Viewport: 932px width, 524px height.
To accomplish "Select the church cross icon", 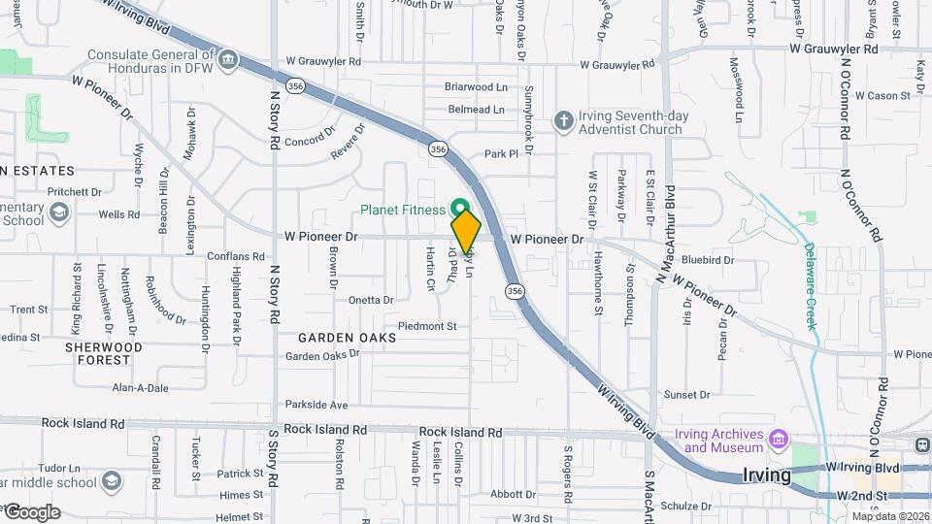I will tap(564, 121).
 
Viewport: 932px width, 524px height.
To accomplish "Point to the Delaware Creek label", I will tap(812, 285).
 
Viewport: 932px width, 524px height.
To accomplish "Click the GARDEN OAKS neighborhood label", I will tap(347, 338).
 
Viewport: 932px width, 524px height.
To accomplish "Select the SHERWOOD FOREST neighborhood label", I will tap(104, 353).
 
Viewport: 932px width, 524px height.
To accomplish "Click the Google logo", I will tap(31, 511).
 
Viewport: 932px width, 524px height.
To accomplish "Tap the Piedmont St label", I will tap(427, 326).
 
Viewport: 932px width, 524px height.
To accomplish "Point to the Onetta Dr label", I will tap(370, 301).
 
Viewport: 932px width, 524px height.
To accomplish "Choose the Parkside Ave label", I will tap(316, 405).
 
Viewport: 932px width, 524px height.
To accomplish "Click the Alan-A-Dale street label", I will tap(140, 387).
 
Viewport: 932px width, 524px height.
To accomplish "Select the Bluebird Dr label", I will tap(708, 260).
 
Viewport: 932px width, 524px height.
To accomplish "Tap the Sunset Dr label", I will tap(686, 395).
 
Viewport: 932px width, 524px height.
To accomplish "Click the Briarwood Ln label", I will tap(476, 86).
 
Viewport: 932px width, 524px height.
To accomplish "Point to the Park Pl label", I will tap(502, 153).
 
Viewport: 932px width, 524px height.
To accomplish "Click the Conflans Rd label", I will tap(236, 257).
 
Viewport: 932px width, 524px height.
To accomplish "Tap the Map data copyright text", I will tap(889, 515).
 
